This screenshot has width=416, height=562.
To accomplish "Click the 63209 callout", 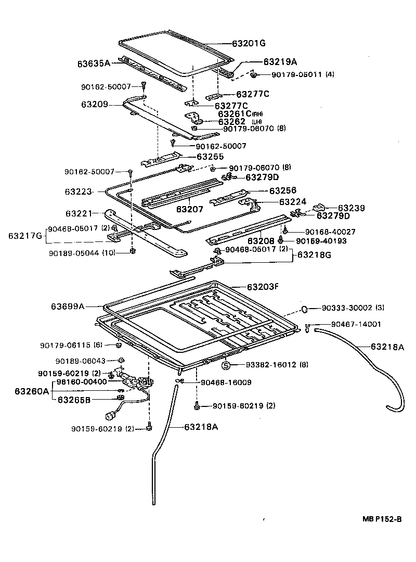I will coord(94,104).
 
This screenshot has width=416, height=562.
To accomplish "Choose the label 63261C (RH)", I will coord(241,113).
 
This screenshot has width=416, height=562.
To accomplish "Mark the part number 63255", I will coord(210,156).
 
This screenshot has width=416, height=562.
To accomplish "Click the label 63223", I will coord(78,191).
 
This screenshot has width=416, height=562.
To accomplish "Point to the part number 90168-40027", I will coord(330,231).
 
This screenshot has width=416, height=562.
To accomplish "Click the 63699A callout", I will coord(68,306).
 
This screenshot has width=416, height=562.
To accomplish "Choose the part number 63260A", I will coord(32,391).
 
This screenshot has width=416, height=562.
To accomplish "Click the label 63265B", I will coord(74,400).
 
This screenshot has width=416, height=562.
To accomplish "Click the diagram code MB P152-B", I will coord(382,519).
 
